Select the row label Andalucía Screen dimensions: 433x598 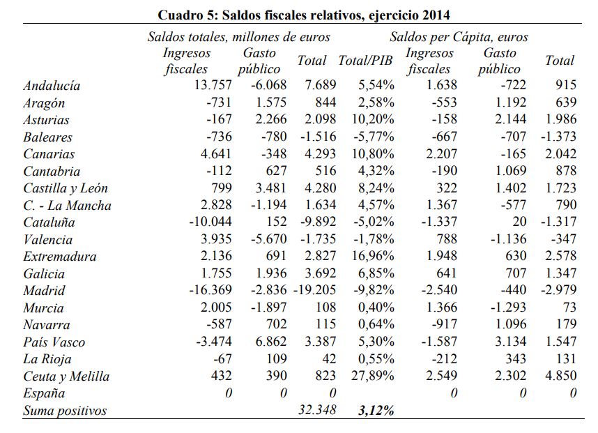(x=52, y=86)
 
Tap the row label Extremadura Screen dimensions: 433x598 (x=60, y=257)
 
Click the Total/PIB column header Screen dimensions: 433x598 (x=365, y=61)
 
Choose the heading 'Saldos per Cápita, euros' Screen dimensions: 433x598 (x=459, y=37)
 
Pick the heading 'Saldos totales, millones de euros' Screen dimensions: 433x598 (x=238, y=37)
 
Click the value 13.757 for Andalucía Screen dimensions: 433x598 (x=210, y=86)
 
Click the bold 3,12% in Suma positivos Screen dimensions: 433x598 (x=376, y=411)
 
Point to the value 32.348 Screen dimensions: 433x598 (x=316, y=410)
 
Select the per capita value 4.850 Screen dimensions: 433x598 (x=560, y=377)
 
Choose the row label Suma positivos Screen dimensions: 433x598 (x=65, y=411)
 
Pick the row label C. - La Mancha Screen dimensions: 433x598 (x=67, y=206)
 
